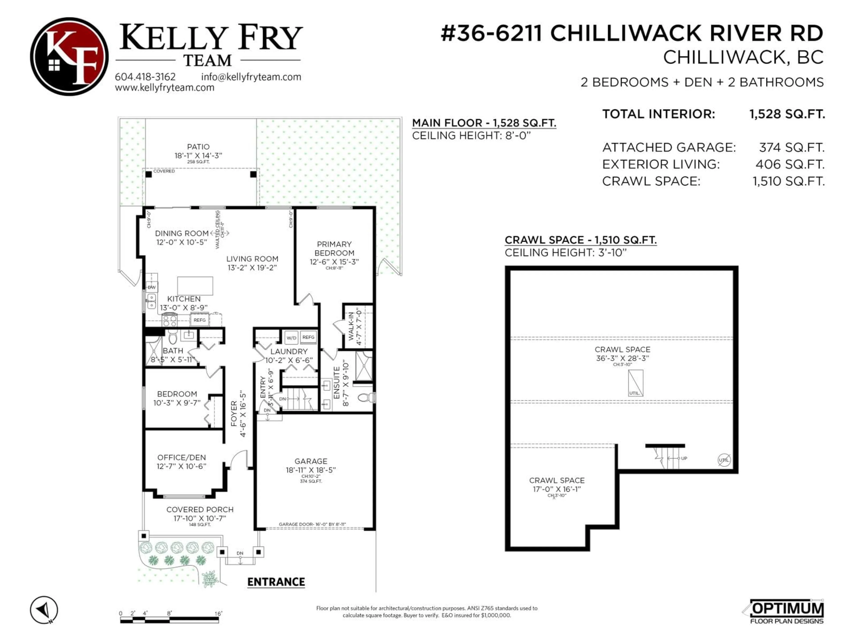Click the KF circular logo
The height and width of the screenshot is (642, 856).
(69, 56)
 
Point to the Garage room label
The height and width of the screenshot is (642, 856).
(311, 461)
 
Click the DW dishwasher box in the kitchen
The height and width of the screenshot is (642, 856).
(152, 287)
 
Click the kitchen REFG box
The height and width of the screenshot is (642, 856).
(200, 320)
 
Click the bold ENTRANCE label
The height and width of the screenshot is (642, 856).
(276, 582)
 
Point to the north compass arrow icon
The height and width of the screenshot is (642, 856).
(44, 610)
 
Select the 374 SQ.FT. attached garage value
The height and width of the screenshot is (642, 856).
(791, 147)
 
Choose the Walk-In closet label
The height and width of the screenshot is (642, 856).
(351, 326)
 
